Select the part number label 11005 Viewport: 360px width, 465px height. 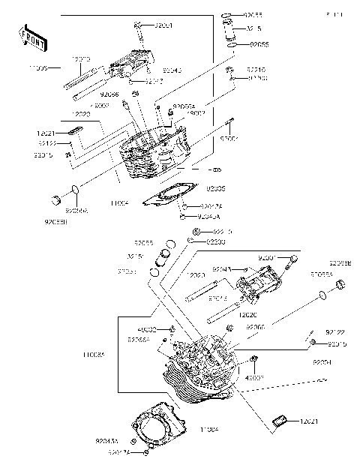pos(37,68)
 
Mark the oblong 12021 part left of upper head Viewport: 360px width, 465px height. pos(73,132)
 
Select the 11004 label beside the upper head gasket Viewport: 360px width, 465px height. pos(119,202)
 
